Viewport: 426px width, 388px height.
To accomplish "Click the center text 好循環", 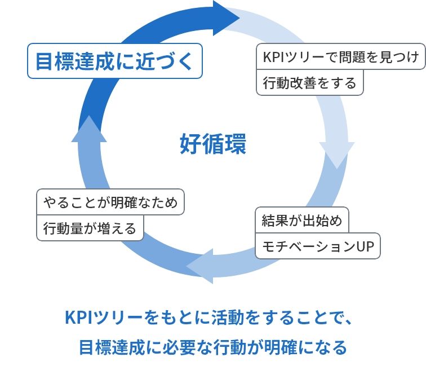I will tap(213, 144).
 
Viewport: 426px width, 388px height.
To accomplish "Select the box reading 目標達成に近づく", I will tap(114, 61).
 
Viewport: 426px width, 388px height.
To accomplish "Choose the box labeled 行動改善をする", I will tap(310, 83).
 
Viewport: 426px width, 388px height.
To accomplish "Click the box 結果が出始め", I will tap(302, 221).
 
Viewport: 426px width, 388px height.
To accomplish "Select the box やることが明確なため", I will tap(110, 201).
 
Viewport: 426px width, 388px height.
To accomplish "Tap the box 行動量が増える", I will tap(90, 228).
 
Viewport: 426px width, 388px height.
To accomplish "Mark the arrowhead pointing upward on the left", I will tap(88, 129).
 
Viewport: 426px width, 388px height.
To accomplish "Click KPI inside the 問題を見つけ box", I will tap(274, 57).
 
